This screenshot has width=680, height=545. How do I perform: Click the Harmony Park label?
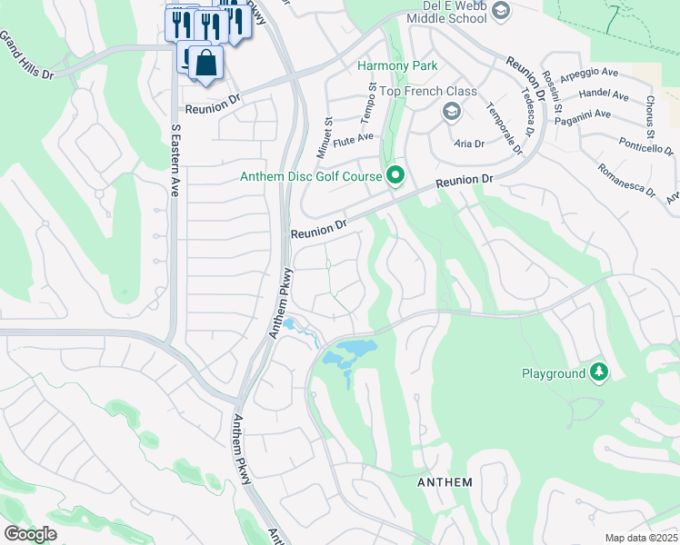397,65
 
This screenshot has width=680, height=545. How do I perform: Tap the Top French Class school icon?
450,111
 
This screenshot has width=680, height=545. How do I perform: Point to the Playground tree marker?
598,372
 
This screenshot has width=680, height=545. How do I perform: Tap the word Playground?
554,373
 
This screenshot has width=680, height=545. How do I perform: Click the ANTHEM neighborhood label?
445,481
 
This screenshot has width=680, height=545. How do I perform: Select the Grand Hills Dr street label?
25,55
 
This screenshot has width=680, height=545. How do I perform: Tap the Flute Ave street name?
354,138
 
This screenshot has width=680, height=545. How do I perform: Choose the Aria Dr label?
468,144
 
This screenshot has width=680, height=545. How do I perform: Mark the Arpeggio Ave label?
591,78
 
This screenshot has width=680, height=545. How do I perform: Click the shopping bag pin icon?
206,63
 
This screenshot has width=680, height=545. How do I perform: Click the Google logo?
30,534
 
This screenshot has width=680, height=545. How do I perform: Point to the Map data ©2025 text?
641,538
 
